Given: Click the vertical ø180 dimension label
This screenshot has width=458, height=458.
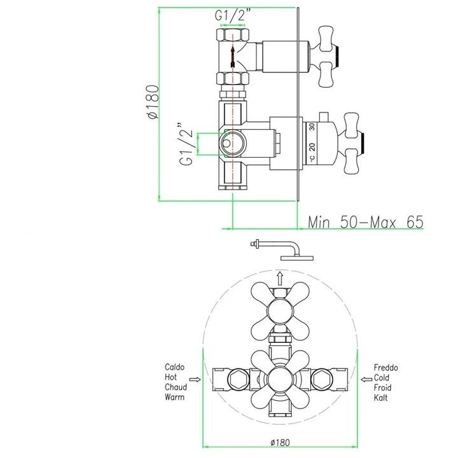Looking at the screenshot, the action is point(154,102).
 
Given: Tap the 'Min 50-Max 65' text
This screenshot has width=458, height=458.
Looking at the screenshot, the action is point(365,222).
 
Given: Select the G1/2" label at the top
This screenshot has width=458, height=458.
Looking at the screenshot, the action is point(233,15).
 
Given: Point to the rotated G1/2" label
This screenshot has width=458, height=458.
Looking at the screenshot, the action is point(186,144).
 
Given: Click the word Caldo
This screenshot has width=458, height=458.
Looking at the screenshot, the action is point(175,367).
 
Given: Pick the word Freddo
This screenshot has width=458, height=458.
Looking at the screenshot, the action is point(385,368).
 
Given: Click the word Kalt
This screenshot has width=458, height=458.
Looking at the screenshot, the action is point(380,398).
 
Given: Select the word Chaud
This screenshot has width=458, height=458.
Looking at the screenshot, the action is point(176,387).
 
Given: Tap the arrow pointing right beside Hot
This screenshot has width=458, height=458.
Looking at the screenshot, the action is point(195,379).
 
